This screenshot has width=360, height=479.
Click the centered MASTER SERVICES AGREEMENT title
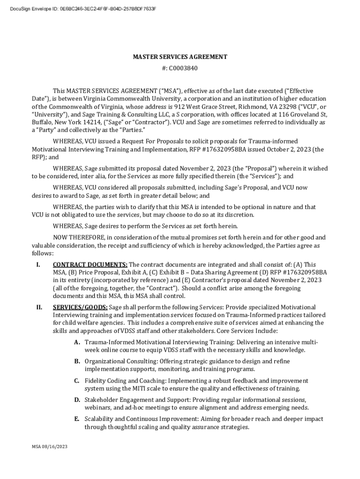[180, 57]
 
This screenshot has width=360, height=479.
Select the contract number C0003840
[184, 68]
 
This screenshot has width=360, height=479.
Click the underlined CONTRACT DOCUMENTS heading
[90, 264]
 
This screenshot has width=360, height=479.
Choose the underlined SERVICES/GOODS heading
[80, 307]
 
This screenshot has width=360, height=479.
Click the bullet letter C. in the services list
[77, 381]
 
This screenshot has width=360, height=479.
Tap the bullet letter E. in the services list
[77, 419]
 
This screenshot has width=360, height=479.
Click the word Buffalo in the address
[43, 123]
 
